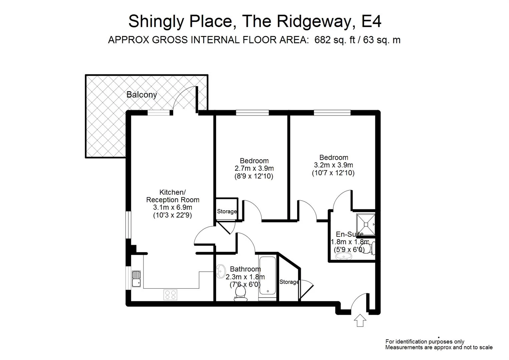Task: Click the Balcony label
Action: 141,95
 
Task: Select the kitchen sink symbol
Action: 136,279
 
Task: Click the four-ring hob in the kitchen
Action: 170,295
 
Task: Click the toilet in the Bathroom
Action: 240,294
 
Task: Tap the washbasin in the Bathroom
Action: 221,271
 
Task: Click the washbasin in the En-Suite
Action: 343,256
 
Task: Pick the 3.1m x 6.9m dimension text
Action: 172,207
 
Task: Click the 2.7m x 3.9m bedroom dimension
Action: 254,168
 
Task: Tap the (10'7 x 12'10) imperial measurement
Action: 333,173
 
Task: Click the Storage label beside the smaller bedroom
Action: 227,211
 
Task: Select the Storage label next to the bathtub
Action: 289,282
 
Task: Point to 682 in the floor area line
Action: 323,40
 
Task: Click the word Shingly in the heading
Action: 156,21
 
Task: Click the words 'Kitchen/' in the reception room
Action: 172,192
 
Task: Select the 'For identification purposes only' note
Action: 425,341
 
